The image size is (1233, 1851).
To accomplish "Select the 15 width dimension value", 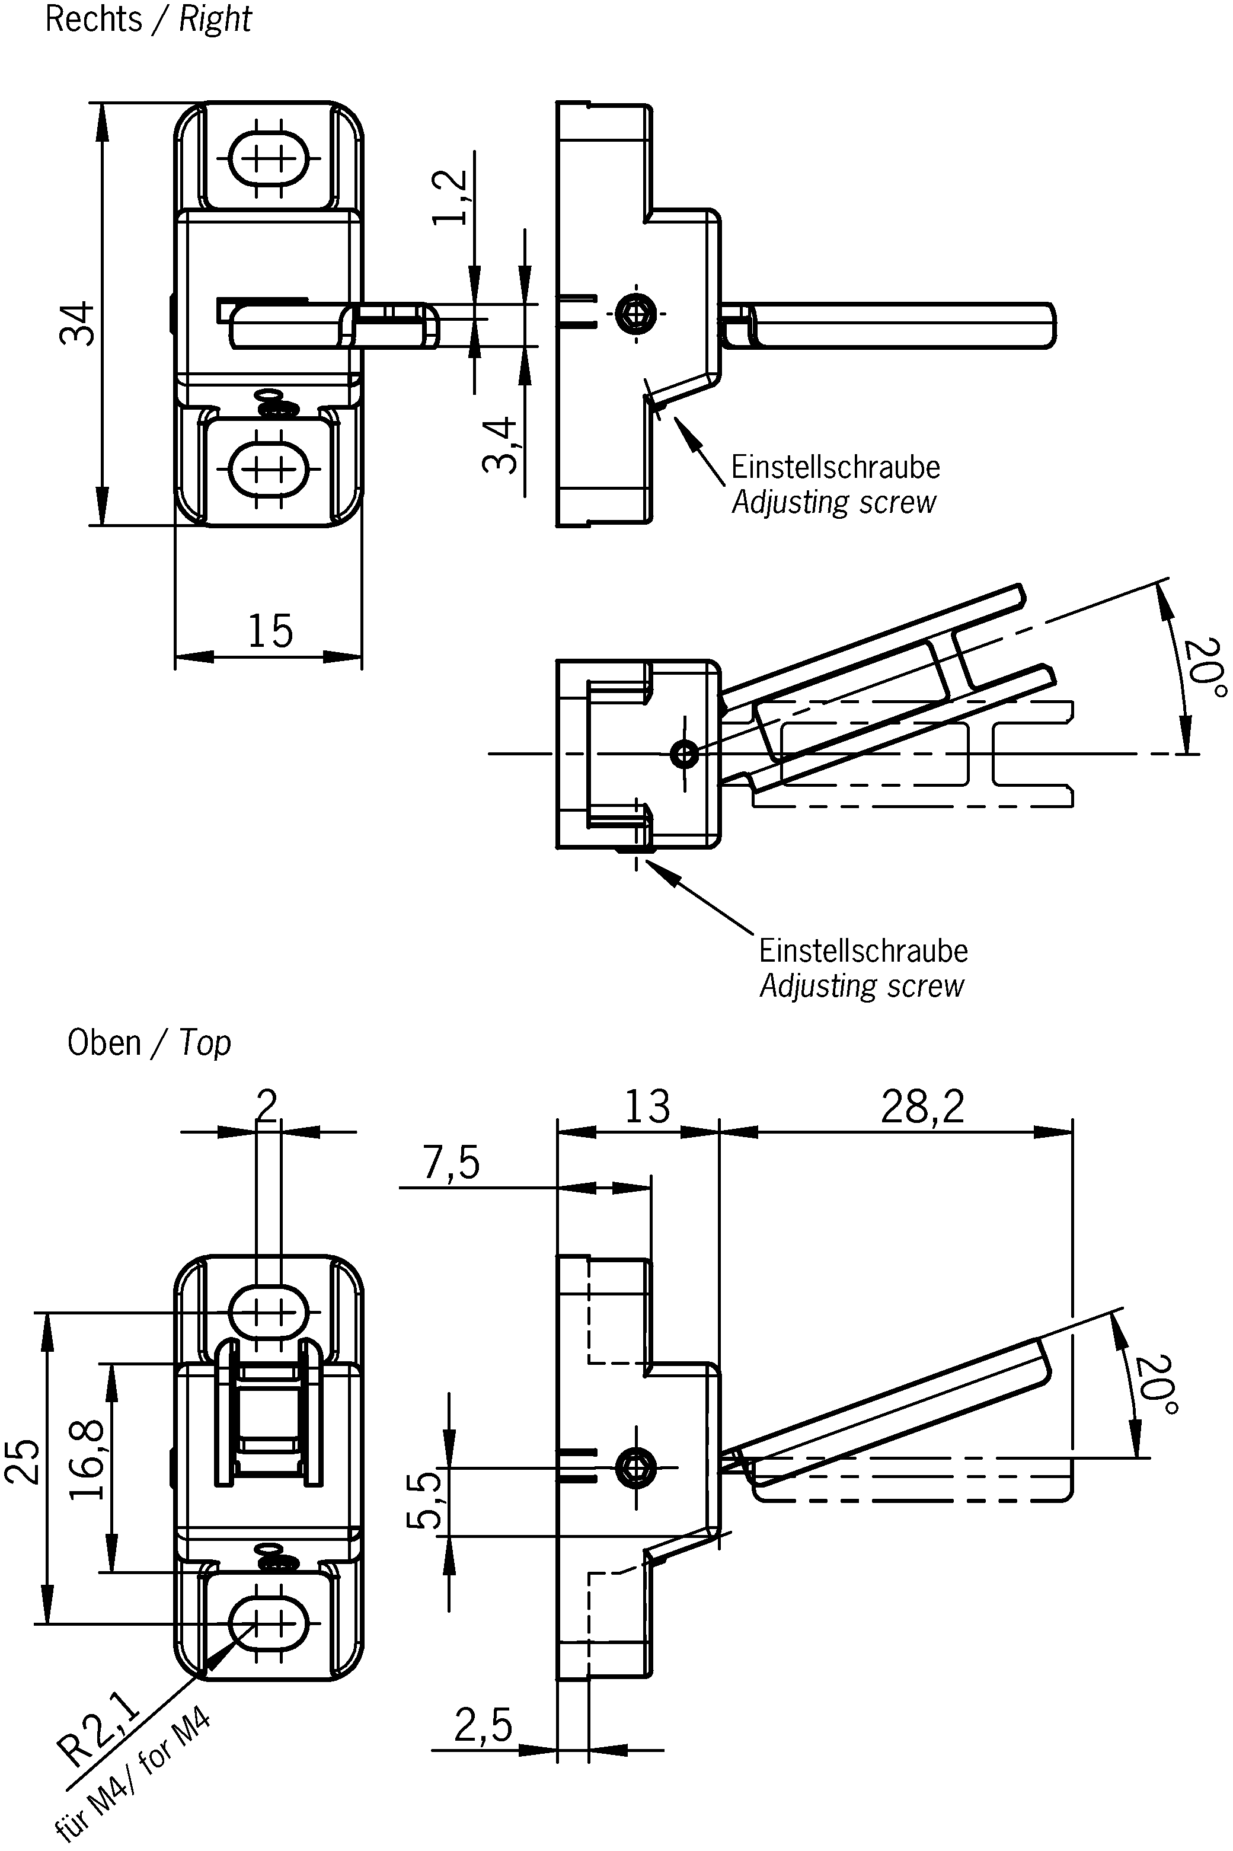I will click(270, 631).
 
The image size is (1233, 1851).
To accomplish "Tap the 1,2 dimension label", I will click(451, 197).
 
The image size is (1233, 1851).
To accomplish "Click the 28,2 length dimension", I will click(922, 1107).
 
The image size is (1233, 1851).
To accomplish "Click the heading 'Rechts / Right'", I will click(148, 19).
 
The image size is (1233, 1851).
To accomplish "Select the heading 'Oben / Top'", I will click(149, 1043).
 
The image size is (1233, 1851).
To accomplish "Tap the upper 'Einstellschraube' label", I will click(835, 467).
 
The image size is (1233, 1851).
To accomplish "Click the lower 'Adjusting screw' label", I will click(861, 986).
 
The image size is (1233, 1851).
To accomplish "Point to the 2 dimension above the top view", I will click(267, 1106).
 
